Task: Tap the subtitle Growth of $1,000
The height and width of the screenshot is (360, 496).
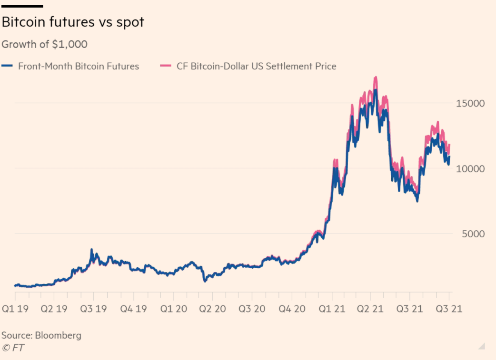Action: [45, 44]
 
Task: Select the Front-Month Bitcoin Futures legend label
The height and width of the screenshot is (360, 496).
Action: [79, 66]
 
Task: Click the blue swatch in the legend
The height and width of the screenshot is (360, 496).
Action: [7, 66]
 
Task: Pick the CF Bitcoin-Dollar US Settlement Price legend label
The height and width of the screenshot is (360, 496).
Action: [257, 66]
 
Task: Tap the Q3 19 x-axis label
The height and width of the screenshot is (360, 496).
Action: [93, 309]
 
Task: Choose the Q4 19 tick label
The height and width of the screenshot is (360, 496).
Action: [133, 309]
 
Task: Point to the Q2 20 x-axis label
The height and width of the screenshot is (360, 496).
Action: [212, 309]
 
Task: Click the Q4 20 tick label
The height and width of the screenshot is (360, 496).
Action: [291, 309]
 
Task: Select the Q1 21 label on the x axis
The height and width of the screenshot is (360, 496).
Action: [330, 309]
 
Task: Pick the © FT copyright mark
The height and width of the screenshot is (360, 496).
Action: [13, 348]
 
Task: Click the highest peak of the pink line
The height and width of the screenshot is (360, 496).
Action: [376, 77]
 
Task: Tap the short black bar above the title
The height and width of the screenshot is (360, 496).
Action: [22, 6]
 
